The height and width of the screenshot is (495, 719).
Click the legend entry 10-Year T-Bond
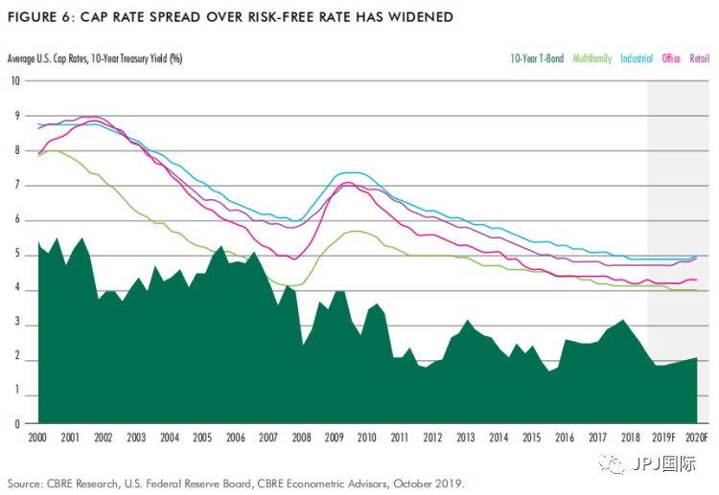(538, 58)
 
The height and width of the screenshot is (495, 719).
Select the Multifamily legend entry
(592, 58)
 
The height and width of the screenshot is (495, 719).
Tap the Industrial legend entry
(637, 58)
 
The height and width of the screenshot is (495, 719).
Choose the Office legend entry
(671, 58)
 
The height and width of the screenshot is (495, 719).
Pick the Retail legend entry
(699, 58)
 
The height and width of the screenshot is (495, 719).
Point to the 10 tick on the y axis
(15, 80)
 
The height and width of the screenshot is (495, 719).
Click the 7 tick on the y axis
(15, 185)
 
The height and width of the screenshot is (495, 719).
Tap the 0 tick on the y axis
(15, 422)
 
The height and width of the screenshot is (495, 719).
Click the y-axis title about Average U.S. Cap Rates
(95, 58)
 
